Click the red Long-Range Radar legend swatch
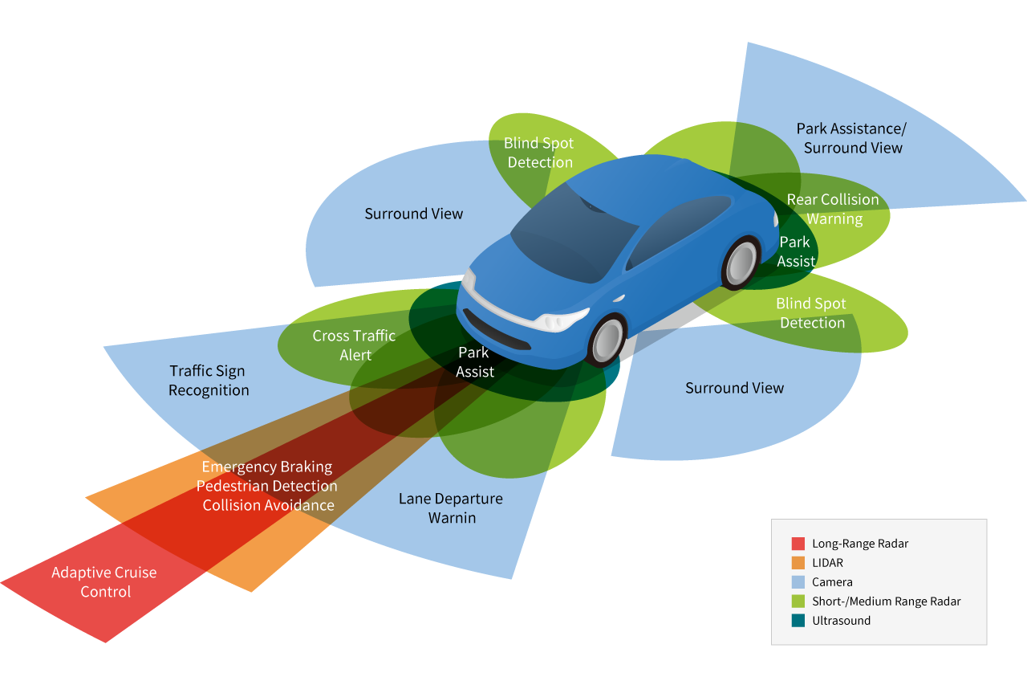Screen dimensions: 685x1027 click(798, 544)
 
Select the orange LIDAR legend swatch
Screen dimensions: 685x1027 click(798, 563)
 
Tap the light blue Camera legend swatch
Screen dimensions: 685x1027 click(798, 582)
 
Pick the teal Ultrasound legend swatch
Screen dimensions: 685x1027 click(798, 621)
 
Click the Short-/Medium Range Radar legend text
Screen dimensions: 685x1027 click(886, 601)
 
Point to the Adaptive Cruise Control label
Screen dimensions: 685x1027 click(104, 582)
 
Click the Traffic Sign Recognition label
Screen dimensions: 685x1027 click(209, 381)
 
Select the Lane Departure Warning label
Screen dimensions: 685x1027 click(451, 508)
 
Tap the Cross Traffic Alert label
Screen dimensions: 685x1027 click(354, 345)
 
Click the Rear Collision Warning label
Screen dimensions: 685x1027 click(833, 209)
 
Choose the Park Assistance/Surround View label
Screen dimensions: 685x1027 click(852, 138)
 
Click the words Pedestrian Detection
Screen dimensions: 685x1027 click(267, 486)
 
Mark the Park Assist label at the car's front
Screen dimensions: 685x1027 click(474, 362)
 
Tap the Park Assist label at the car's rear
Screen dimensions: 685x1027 click(795, 251)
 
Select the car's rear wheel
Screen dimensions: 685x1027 click(741, 263)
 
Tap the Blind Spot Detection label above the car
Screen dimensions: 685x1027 click(538, 153)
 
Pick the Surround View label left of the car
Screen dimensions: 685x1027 click(413, 214)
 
